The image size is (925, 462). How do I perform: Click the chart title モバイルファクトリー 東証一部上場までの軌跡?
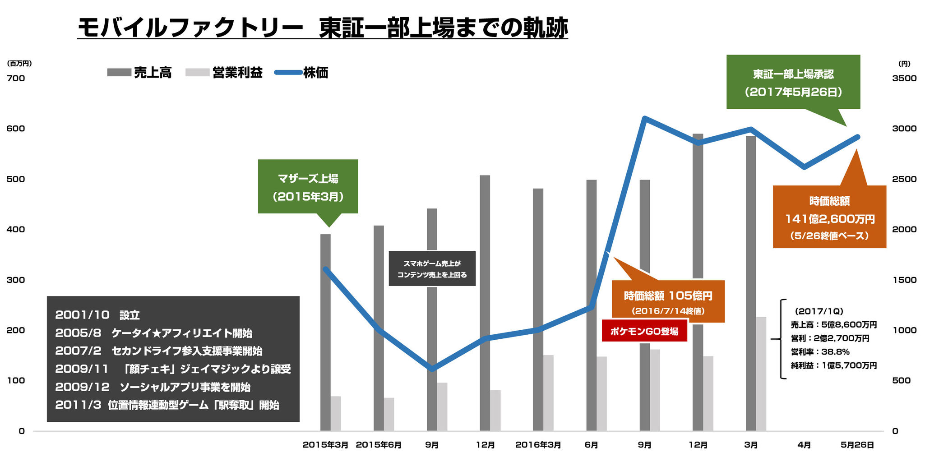(x=322, y=28)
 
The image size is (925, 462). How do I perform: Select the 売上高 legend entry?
(x=139, y=73)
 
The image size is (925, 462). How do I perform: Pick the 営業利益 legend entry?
(x=224, y=73)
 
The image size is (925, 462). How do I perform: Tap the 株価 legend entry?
(x=301, y=73)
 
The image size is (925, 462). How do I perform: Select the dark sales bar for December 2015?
(x=485, y=302)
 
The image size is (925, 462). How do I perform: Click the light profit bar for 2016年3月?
(x=548, y=393)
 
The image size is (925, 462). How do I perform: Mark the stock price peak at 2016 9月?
(x=645, y=119)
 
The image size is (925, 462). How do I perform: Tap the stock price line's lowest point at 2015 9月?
(x=432, y=369)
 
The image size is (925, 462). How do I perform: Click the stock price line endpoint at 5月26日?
(x=857, y=137)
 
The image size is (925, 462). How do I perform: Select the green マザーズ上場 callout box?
(x=308, y=187)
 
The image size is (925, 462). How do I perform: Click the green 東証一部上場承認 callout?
(x=793, y=82)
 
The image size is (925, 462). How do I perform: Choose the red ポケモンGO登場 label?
(x=644, y=331)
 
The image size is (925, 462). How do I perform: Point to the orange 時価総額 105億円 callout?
(x=668, y=301)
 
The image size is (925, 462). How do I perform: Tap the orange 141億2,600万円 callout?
(x=829, y=217)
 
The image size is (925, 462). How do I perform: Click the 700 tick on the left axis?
(x=16, y=78)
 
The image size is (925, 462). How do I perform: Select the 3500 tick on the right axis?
(x=904, y=78)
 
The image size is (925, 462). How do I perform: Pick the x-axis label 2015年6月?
(x=379, y=445)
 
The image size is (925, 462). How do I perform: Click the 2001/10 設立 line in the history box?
(x=97, y=315)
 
